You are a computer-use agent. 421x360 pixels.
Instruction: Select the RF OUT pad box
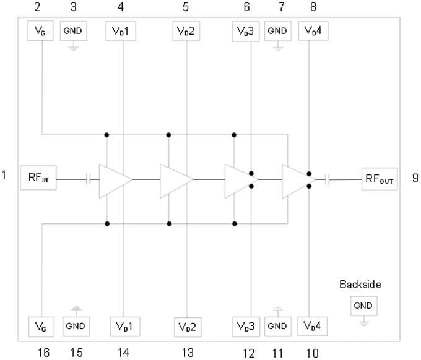click(380, 179)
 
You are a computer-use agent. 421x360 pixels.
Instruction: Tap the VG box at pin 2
click(41, 31)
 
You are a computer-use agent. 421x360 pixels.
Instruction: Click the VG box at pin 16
click(41, 325)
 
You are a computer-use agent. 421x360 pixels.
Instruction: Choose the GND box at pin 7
click(278, 31)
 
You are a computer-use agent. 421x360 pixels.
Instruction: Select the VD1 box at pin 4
click(123, 31)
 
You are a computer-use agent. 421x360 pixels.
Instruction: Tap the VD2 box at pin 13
click(186, 325)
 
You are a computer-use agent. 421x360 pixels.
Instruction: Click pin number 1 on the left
click(4, 176)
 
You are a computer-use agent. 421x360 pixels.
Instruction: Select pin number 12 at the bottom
click(248, 353)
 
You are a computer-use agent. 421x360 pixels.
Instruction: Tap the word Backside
click(360, 285)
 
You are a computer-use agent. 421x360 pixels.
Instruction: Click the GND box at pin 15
click(75, 325)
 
